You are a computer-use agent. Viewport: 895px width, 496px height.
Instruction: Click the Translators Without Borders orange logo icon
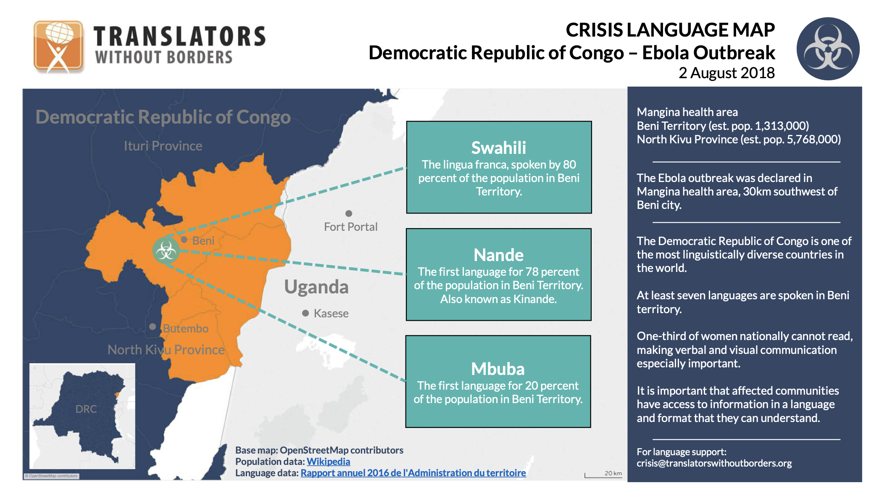tap(58, 46)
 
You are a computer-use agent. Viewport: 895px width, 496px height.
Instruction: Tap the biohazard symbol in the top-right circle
tap(827, 49)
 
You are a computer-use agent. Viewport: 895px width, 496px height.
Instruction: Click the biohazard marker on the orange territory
tap(166, 251)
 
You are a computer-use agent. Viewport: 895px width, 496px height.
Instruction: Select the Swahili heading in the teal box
tap(498, 148)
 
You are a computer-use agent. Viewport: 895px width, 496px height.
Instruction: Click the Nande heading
tap(498, 255)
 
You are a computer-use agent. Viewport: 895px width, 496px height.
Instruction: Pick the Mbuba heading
tap(498, 369)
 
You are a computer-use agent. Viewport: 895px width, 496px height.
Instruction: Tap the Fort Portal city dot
tap(348, 214)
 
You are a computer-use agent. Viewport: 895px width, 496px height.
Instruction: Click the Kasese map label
tap(331, 314)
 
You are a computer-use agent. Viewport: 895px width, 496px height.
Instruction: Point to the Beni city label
tap(203, 240)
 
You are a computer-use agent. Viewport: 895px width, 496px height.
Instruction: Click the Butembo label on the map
tap(185, 328)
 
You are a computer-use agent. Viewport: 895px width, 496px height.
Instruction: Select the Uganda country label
tap(316, 287)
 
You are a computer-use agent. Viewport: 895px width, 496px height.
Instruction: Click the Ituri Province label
tap(163, 146)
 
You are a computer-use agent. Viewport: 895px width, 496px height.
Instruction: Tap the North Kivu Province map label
tap(166, 350)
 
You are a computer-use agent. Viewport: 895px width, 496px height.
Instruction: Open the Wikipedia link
tap(328, 462)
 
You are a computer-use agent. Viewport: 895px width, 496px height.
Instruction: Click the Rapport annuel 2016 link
tap(413, 473)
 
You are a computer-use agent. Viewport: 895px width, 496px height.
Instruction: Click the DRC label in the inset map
tap(86, 409)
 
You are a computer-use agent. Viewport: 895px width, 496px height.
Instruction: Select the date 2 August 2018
tap(726, 73)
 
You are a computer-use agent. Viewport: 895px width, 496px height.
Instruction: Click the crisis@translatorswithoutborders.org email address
tap(714, 463)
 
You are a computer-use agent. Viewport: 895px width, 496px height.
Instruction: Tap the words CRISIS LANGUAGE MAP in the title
tap(670, 30)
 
